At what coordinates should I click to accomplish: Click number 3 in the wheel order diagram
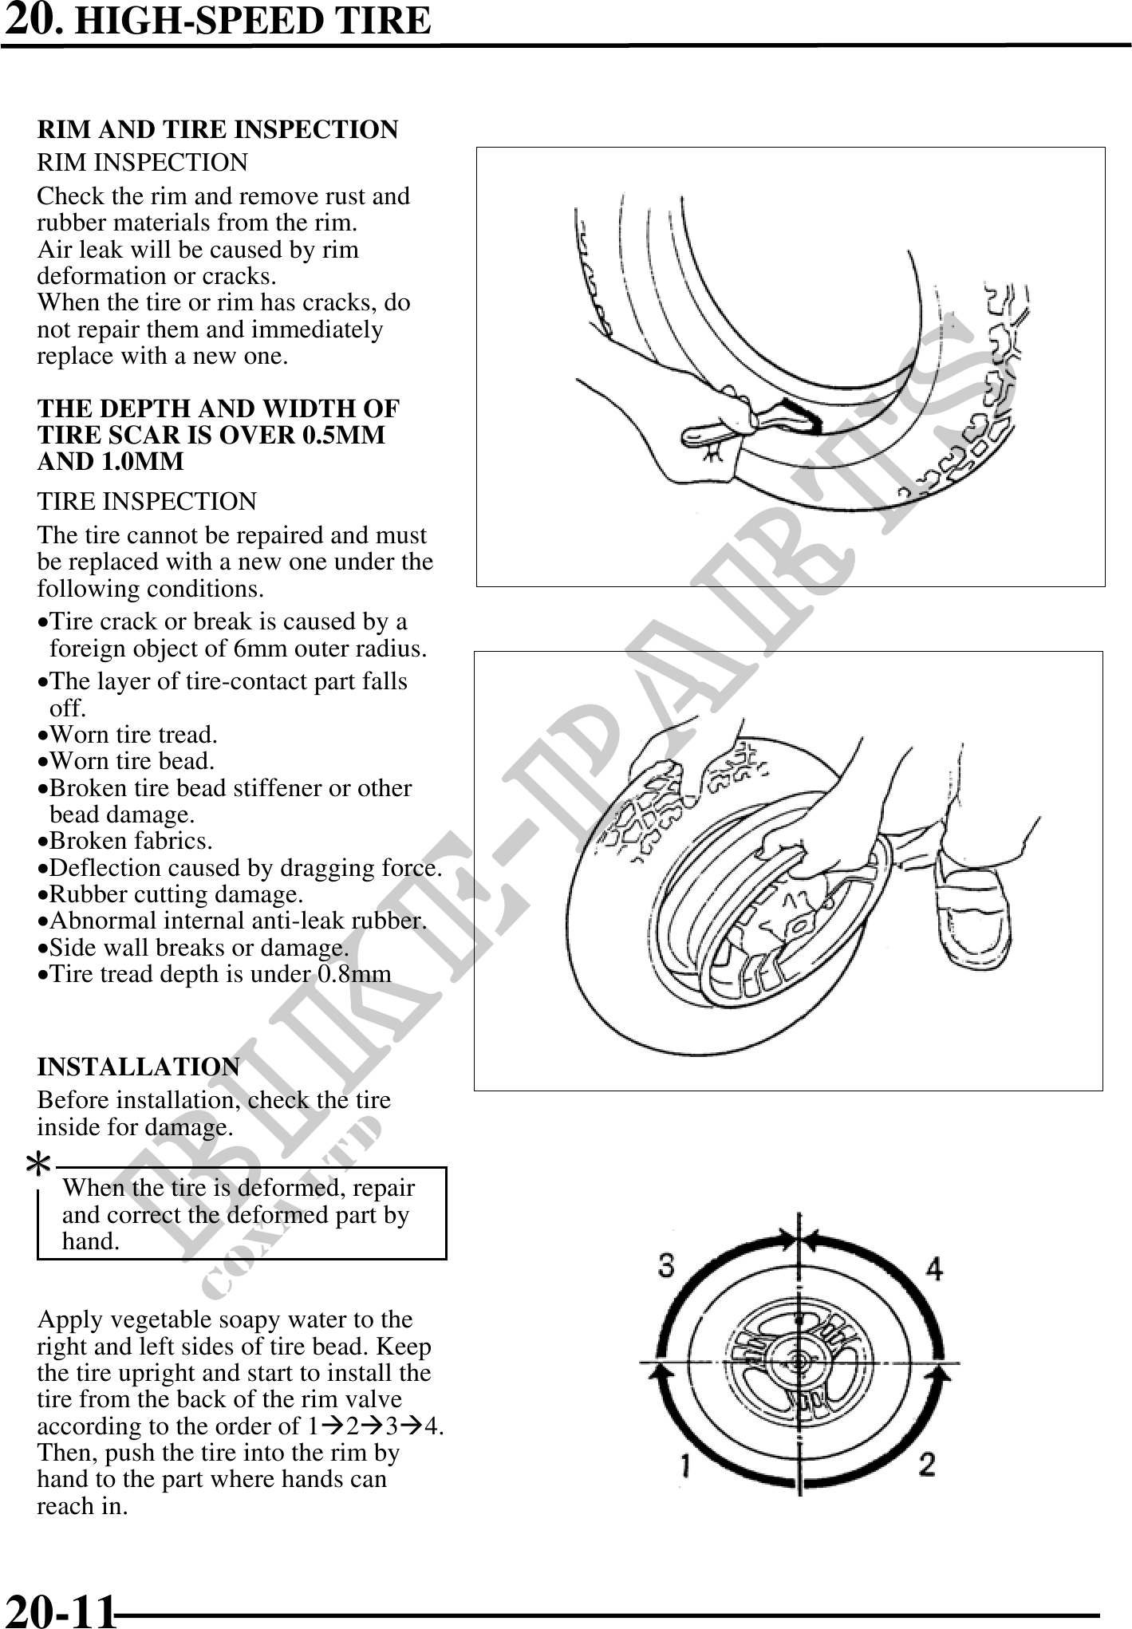tap(667, 1266)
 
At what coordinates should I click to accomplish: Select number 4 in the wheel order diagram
tap(933, 1268)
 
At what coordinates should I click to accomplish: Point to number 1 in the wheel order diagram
tap(685, 1465)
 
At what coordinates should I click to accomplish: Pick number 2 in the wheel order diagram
tap(927, 1464)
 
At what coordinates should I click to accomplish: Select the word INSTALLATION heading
tap(138, 1067)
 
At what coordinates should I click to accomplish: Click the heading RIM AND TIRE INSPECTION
tap(217, 129)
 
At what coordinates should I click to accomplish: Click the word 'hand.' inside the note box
tap(91, 1241)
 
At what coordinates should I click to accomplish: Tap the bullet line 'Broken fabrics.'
tap(128, 841)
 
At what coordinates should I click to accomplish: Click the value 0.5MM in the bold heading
tap(344, 435)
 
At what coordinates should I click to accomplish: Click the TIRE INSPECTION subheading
tap(147, 501)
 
